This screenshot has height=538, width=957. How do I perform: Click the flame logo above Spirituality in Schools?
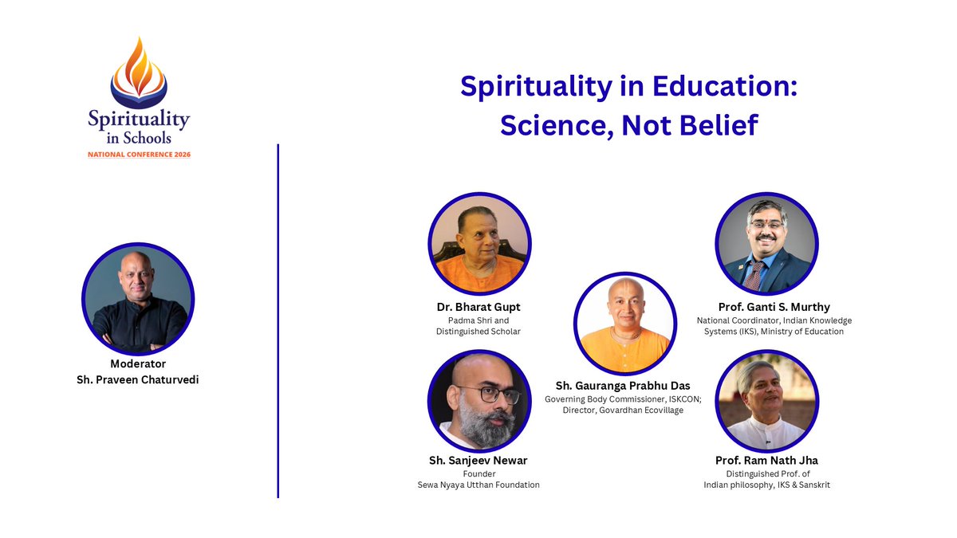point(139,73)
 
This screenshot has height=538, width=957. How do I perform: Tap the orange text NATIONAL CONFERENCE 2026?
point(139,155)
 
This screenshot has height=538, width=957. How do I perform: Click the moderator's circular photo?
point(138,299)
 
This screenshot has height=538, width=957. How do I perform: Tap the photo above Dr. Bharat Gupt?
point(478,243)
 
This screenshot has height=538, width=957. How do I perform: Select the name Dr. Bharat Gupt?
point(478,307)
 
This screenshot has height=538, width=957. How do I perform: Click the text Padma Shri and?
point(478,320)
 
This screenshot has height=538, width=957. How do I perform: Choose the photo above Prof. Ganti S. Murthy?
point(766,243)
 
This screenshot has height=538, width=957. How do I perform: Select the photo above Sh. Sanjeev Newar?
point(478,401)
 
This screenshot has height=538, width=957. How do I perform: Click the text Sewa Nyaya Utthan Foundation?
point(478,485)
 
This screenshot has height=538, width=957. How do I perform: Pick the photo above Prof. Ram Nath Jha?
point(766,401)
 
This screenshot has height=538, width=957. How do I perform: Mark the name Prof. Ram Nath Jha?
point(766,460)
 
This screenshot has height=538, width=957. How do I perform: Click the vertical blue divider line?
point(278,319)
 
